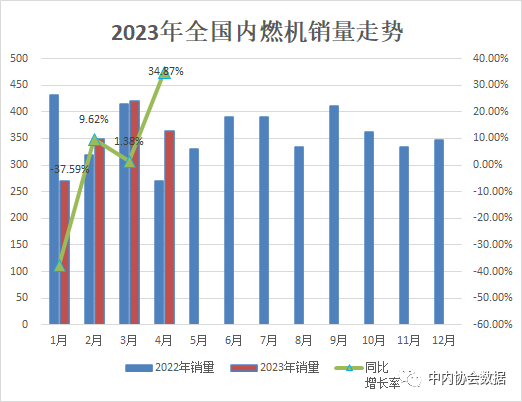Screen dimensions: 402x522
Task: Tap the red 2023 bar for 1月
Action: click(65, 252)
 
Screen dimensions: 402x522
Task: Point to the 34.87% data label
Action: click(166, 71)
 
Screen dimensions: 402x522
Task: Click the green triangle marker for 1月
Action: click(60, 265)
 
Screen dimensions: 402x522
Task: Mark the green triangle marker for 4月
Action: click(165, 73)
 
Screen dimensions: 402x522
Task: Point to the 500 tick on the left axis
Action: click(19, 58)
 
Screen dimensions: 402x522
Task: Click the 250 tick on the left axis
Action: click(19, 191)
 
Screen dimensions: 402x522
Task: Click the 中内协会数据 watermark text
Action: click(467, 379)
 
